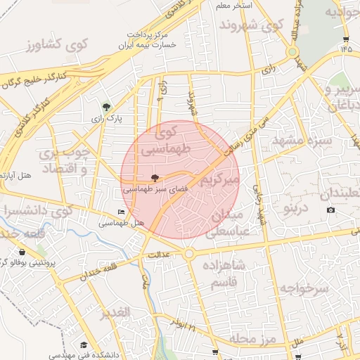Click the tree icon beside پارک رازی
(x=106, y=108)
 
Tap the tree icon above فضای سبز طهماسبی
(x=155, y=179)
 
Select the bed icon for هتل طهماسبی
(x=122, y=212)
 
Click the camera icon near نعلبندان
(x=331, y=210)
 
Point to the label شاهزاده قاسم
(x=224, y=275)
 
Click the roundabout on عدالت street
(x=189, y=254)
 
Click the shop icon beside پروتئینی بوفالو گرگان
(x=23, y=252)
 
